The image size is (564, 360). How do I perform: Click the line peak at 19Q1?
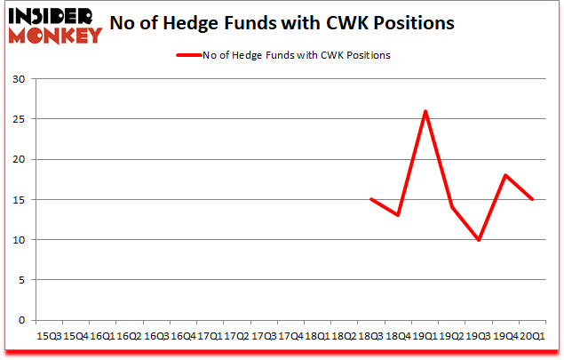click(x=425, y=111)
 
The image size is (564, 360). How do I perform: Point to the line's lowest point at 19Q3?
click(x=479, y=240)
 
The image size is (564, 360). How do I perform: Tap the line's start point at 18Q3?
click(x=371, y=199)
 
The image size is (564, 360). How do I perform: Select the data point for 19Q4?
click(x=505, y=175)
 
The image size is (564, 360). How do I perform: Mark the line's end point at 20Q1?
click(x=533, y=199)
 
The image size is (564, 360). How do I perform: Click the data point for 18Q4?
click(x=399, y=215)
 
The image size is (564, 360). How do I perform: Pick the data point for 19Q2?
click(x=452, y=207)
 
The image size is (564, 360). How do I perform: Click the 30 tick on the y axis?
click(x=19, y=79)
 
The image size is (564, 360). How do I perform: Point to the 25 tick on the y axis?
click(x=19, y=119)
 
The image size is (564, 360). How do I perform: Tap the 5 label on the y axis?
click(x=22, y=280)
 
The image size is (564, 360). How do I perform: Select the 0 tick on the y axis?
click(x=22, y=320)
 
